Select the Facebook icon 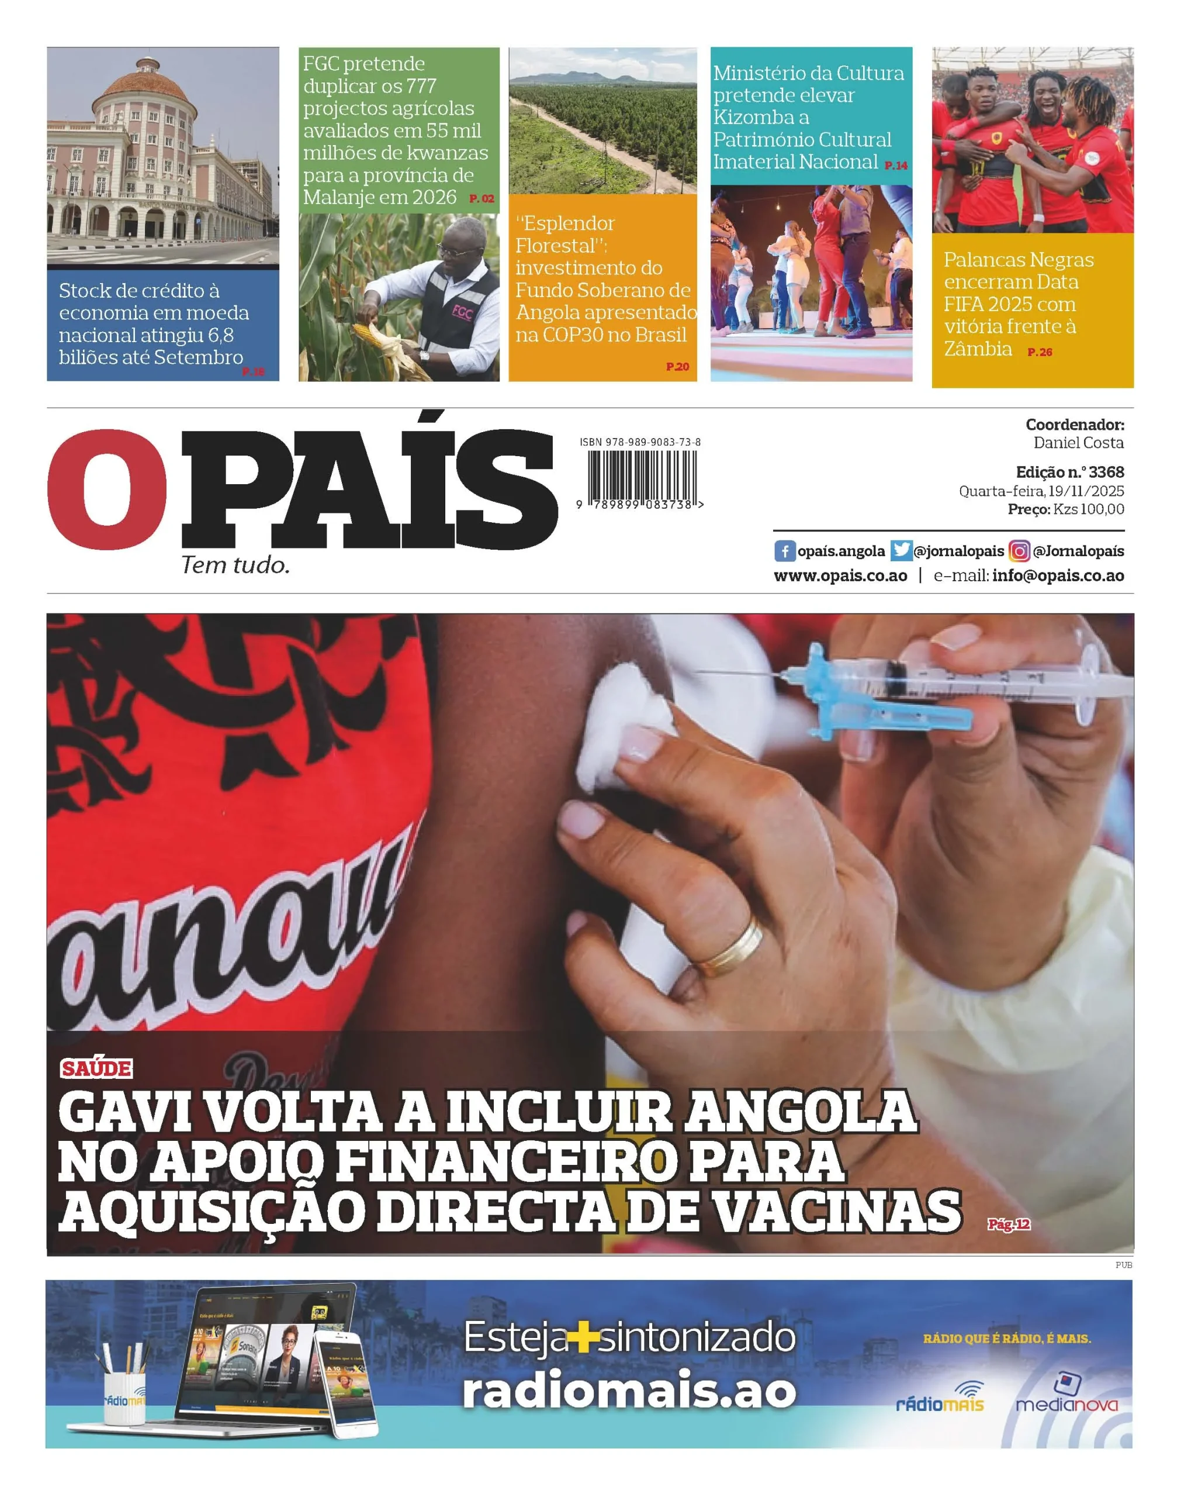pyautogui.click(x=784, y=551)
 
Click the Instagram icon pyautogui.click(x=1019, y=551)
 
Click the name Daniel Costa pyautogui.click(x=1078, y=443)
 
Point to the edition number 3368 pyautogui.click(x=1106, y=472)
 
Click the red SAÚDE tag pyautogui.click(x=96, y=1068)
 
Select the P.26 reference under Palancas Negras pyautogui.click(x=1039, y=352)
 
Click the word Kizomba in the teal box pyautogui.click(x=761, y=117)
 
